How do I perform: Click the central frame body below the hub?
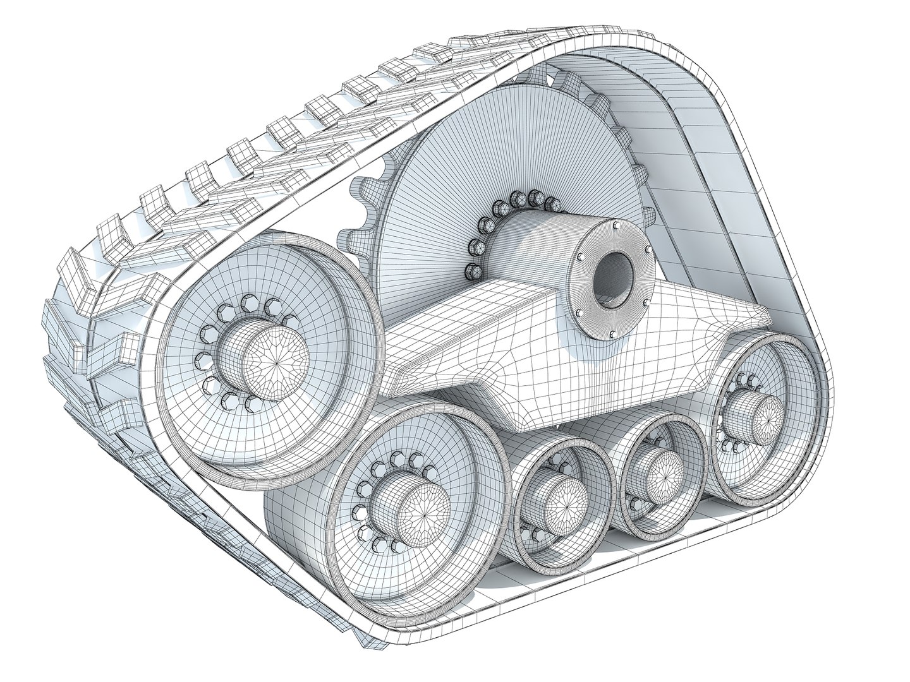pos(499,366)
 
